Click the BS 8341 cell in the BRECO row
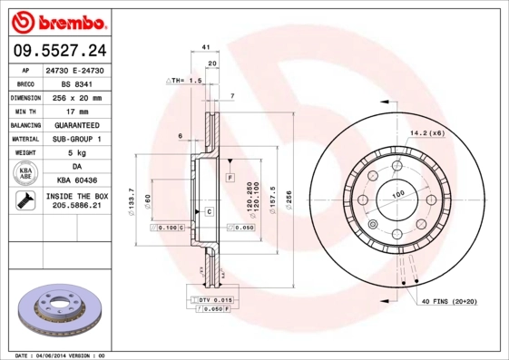(x=83, y=82)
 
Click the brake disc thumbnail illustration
(x=59, y=308)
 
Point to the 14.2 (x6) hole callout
(x=426, y=133)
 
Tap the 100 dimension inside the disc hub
(x=397, y=195)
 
